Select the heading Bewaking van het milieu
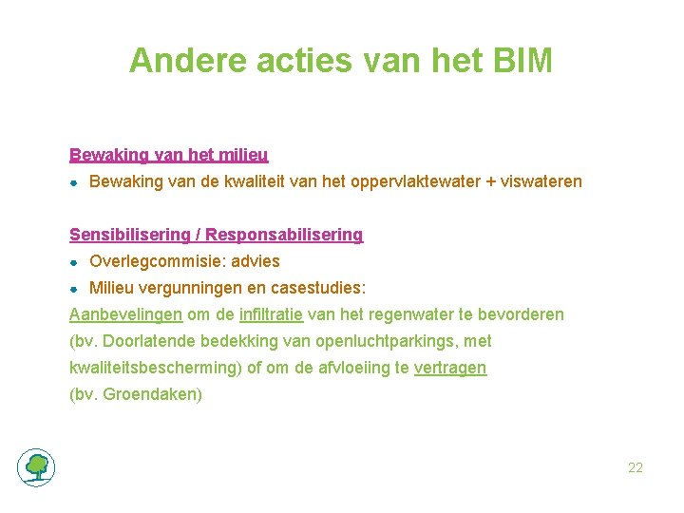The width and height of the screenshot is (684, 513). [x=168, y=154]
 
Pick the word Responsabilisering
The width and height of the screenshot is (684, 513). [x=284, y=234]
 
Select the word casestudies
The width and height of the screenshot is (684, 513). [x=318, y=288]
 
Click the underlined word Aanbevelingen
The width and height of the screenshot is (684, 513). [x=125, y=314]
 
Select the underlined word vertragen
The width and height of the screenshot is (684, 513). [x=450, y=368]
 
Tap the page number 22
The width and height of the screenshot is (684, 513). [x=636, y=467]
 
